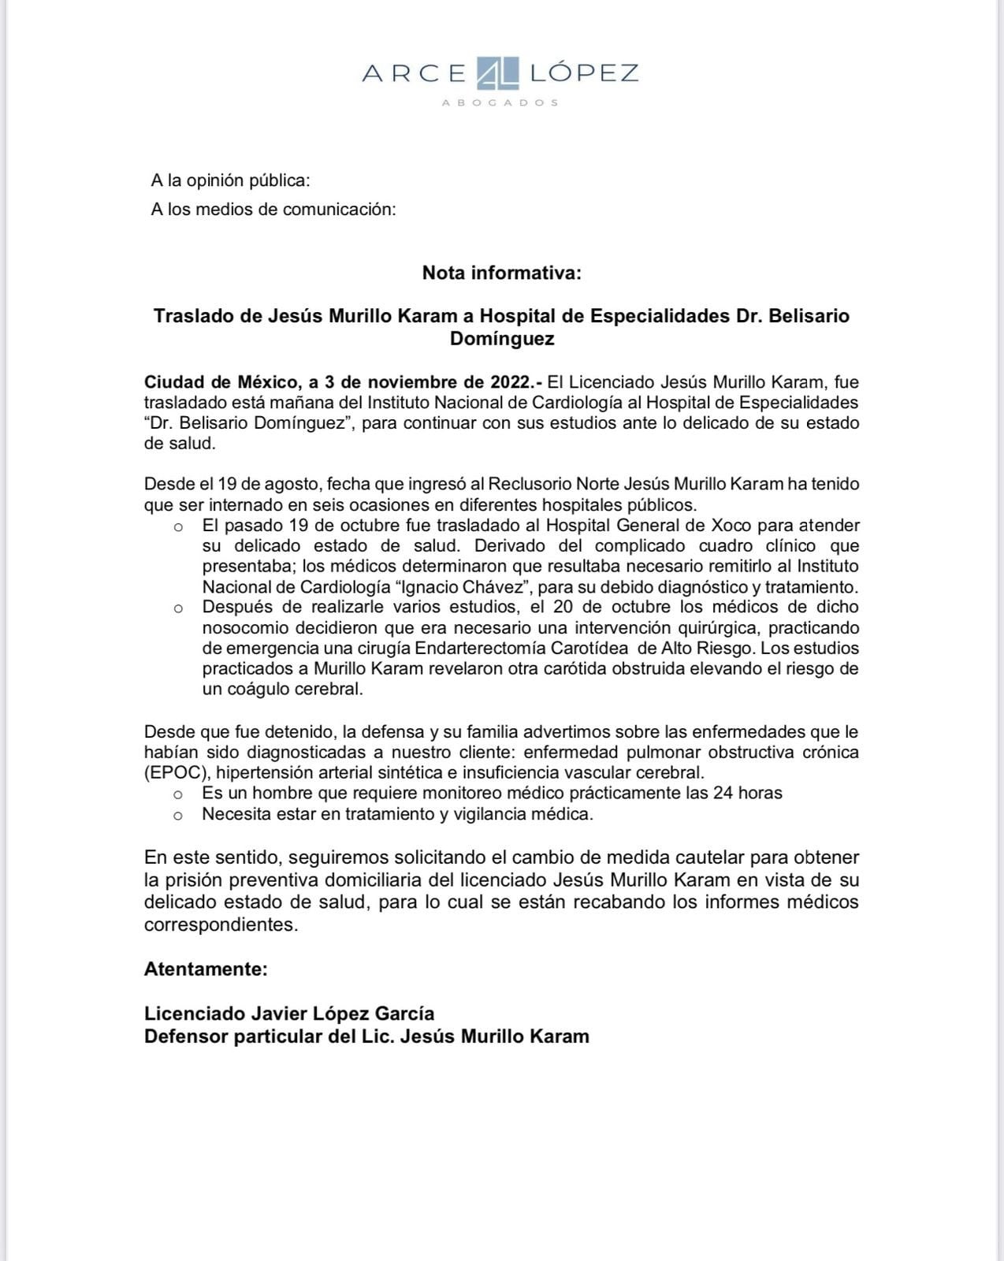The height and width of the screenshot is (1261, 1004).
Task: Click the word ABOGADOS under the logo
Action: pos(500,103)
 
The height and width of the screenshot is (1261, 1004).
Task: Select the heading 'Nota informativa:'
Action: pos(501,273)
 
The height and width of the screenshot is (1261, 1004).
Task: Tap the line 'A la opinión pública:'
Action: pos(230,180)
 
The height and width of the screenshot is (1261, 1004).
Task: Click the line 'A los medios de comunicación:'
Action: pos(273,210)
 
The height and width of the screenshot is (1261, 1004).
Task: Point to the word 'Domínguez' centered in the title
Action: pos(501,339)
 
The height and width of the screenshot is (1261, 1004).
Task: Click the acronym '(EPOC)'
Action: pos(175,772)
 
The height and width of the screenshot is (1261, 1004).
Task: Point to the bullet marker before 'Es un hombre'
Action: pos(179,794)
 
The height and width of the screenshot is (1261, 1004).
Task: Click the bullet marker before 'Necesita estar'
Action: pos(179,816)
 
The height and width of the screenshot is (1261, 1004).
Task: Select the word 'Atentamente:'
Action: pos(206,969)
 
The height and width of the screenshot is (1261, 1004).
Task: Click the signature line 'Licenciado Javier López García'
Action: pos(288,1014)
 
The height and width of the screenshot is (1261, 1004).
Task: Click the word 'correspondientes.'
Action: pos(221,924)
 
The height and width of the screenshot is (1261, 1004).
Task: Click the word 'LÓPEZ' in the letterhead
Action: pos(584,73)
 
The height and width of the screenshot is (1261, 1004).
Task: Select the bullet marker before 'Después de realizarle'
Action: pos(179,608)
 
